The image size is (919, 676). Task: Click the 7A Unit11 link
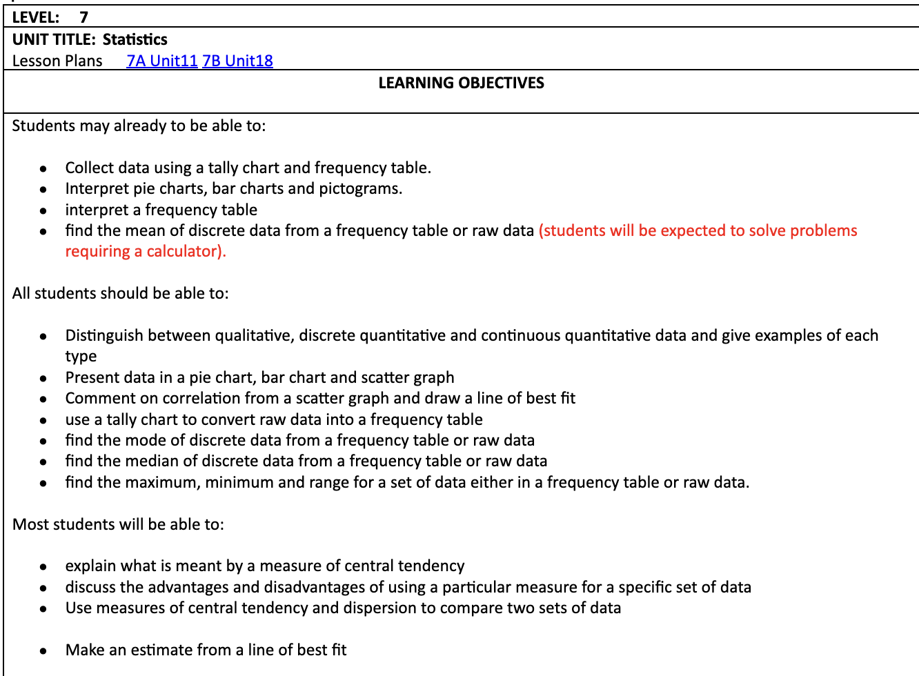(x=162, y=61)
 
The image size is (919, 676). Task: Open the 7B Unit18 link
(x=237, y=61)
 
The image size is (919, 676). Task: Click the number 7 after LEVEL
(x=83, y=17)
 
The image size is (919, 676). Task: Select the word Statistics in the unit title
(x=135, y=39)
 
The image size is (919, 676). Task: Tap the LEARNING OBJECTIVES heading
(x=461, y=83)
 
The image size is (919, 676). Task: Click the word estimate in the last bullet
(x=161, y=650)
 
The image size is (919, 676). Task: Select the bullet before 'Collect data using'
(x=43, y=168)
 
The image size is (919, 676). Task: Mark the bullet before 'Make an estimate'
(x=43, y=650)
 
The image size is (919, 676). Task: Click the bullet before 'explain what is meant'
(x=43, y=566)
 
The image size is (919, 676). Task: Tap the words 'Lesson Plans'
(x=57, y=61)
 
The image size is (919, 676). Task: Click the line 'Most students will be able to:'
(x=118, y=524)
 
